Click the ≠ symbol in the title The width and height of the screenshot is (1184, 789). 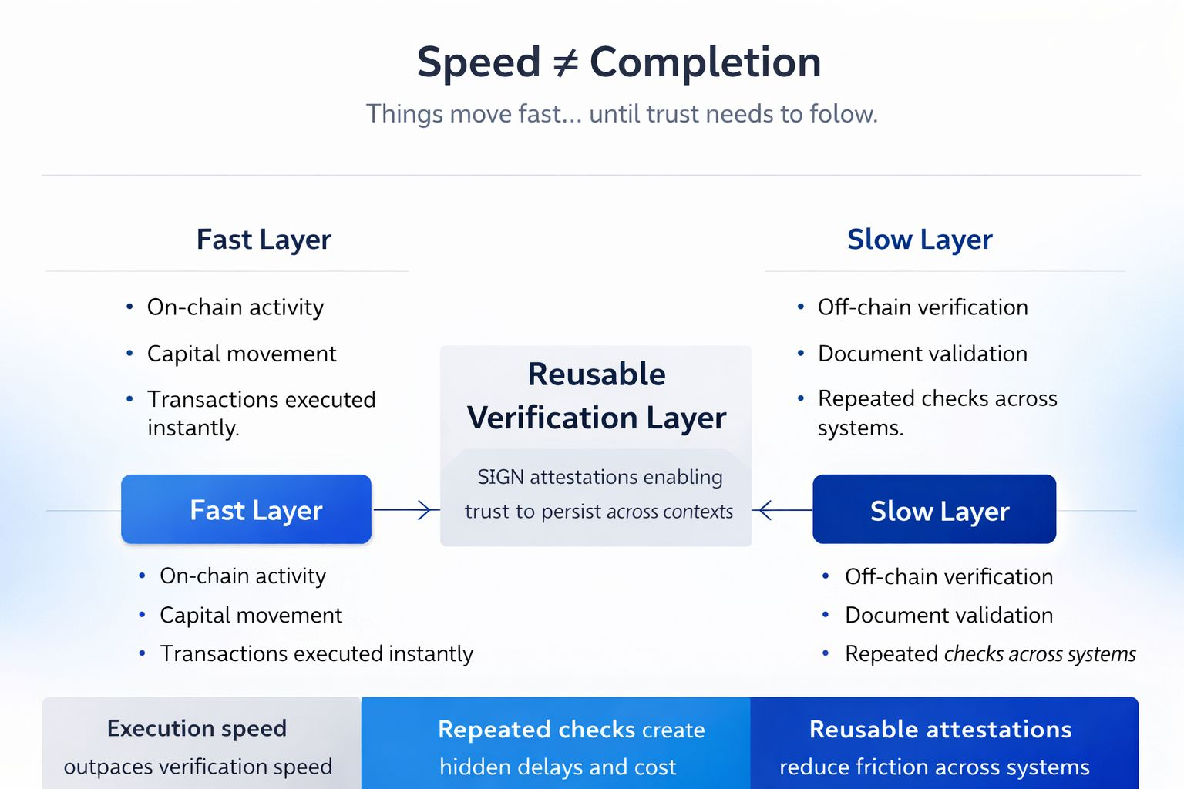(x=565, y=63)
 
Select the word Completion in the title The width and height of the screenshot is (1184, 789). (x=705, y=62)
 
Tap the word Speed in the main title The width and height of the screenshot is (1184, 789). (x=479, y=62)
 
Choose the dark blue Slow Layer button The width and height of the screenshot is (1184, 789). (x=934, y=510)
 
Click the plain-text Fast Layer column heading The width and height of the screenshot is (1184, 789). (x=264, y=240)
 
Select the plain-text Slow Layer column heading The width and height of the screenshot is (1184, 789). (x=920, y=240)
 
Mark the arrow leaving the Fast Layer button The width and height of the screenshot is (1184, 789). (x=404, y=509)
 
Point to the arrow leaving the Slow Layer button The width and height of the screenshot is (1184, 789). (x=782, y=509)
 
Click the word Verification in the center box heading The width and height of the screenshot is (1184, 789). (x=552, y=418)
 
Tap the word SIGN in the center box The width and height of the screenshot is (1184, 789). (x=500, y=477)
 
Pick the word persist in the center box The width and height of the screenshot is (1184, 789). (x=571, y=512)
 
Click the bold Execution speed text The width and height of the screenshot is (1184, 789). (x=197, y=728)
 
